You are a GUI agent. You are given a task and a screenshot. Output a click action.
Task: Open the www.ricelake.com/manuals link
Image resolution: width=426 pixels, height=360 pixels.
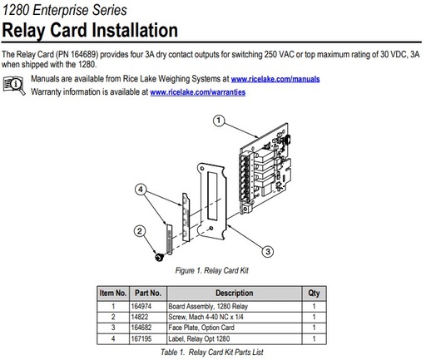point(275,79)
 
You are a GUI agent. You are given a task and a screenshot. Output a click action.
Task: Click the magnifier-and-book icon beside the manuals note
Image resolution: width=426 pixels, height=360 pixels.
point(14,85)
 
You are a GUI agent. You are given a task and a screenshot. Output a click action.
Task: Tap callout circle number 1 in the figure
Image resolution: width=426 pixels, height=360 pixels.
point(220,121)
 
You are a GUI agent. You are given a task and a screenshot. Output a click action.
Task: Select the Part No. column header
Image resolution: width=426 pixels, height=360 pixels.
point(148,293)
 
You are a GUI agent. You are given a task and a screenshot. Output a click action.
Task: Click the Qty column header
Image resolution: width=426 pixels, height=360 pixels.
point(314,293)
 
